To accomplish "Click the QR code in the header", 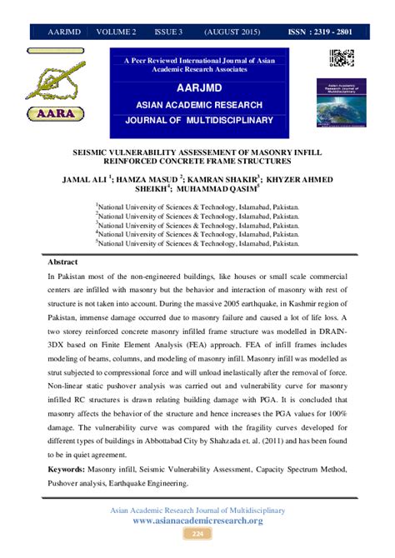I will pos(342,60).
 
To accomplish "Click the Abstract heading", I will pos(62,260).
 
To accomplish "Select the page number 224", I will pos(197,533).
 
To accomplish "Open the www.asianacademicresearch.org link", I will pos(197,521).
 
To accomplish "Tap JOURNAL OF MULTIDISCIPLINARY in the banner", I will pos(198,120).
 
